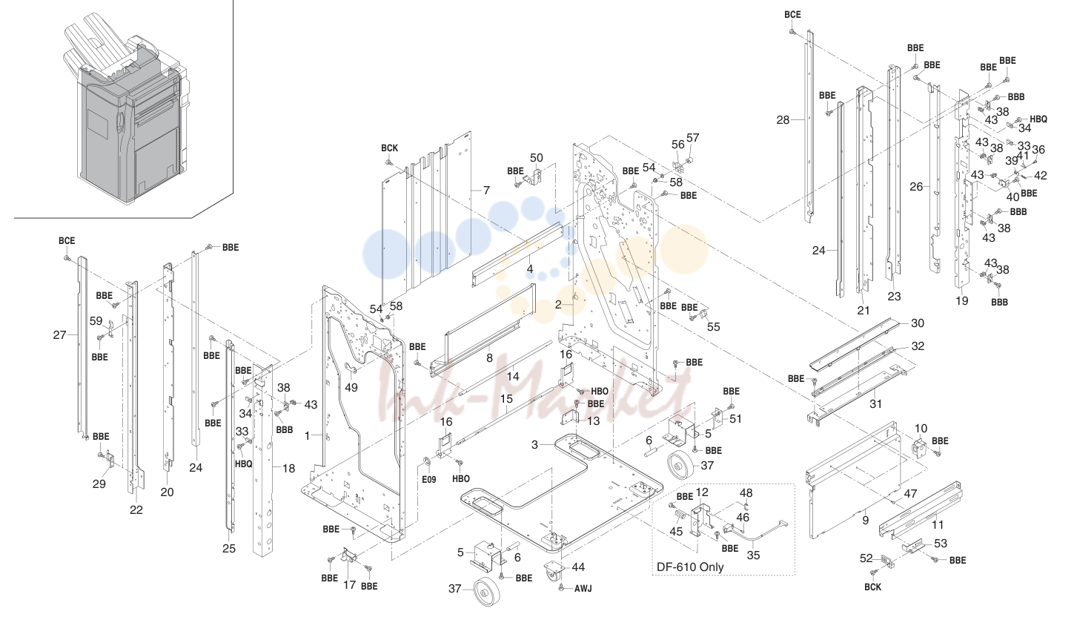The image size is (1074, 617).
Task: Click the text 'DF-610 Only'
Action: (x=690, y=567)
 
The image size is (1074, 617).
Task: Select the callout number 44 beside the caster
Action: (x=578, y=567)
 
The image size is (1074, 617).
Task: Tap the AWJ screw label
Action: (x=583, y=588)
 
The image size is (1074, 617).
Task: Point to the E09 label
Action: (x=429, y=479)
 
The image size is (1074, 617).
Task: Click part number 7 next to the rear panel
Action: (x=487, y=191)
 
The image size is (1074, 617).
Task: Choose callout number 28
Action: (x=783, y=120)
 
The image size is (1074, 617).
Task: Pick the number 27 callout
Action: (x=59, y=335)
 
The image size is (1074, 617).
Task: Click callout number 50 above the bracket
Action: (x=537, y=158)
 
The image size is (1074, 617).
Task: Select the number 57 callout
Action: (x=693, y=138)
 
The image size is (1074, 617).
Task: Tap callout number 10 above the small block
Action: (x=921, y=429)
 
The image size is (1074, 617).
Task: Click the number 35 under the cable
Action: (x=753, y=555)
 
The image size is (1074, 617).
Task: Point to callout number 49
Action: (x=351, y=388)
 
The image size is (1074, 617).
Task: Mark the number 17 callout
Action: (x=350, y=585)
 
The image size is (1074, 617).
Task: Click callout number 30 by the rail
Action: (x=917, y=323)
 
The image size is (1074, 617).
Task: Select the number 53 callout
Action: (x=941, y=544)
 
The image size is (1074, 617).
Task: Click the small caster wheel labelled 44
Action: (x=552, y=572)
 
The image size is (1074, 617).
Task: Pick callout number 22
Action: (x=136, y=510)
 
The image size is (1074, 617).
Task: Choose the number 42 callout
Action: (x=1040, y=176)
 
